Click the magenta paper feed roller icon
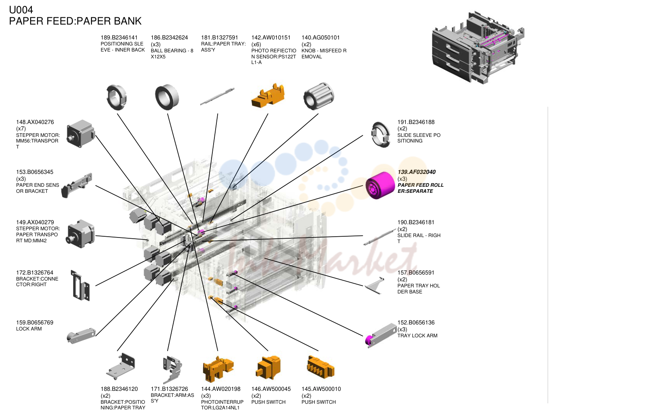click(x=380, y=185)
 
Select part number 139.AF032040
click(x=416, y=172)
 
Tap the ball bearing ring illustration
click(x=167, y=97)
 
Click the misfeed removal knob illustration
click(x=318, y=96)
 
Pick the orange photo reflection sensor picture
click(x=268, y=95)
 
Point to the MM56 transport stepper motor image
click(x=81, y=134)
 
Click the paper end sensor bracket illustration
click(x=77, y=185)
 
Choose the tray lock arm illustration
click(x=381, y=335)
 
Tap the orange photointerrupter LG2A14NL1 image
click(x=218, y=369)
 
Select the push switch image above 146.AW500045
click(x=268, y=368)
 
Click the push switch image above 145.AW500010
click(x=320, y=367)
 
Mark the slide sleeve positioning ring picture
click(x=381, y=135)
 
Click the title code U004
click(x=21, y=10)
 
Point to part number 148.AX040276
click(x=35, y=122)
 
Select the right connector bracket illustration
click(x=80, y=285)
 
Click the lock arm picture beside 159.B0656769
click(x=81, y=336)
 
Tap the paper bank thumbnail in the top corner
click(x=478, y=47)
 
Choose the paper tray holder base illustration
click(x=375, y=285)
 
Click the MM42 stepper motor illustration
click(x=81, y=234)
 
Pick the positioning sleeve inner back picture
click(x=116, y=97)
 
